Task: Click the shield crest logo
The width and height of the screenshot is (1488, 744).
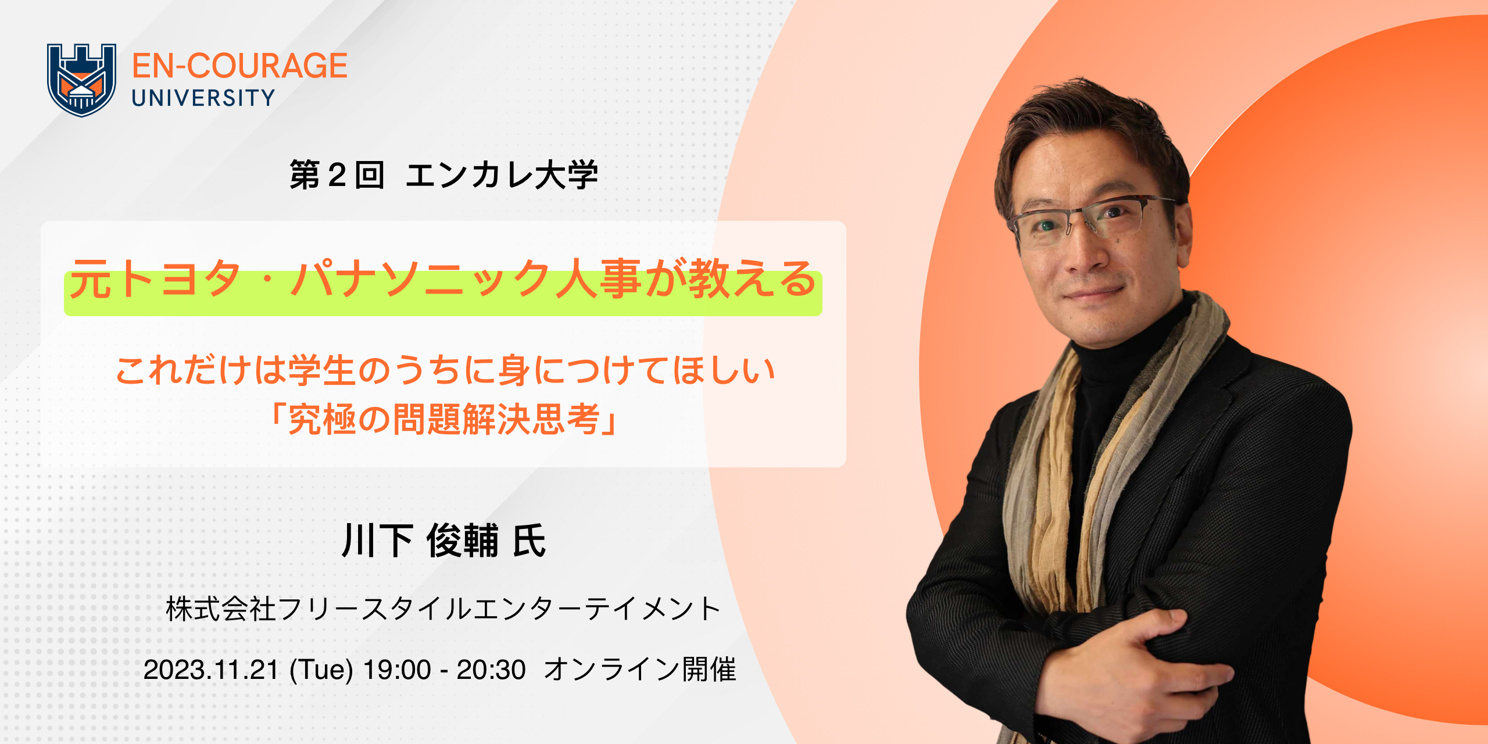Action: pos(81,80)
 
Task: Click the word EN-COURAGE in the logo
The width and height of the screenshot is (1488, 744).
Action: pos(239,66)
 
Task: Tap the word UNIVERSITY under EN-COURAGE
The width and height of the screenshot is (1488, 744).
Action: pos(203,98)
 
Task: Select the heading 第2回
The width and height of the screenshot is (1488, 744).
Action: pos(337,175)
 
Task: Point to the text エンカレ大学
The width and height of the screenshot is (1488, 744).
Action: pos(502,175)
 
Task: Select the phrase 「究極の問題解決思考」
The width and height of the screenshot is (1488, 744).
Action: pos(444,419)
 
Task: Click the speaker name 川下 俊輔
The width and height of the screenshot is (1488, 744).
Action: pos(420,541)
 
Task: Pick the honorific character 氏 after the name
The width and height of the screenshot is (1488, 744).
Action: pos(529,541)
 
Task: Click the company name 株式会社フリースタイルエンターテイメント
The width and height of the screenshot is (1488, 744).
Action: pos(443,609)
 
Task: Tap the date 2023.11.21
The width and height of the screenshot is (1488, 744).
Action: pos(211,670)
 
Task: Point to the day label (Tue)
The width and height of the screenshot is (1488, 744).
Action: pos(321,670)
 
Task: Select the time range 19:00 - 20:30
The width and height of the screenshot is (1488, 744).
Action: pos(445,670)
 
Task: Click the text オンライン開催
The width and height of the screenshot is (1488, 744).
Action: pos(640,670)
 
